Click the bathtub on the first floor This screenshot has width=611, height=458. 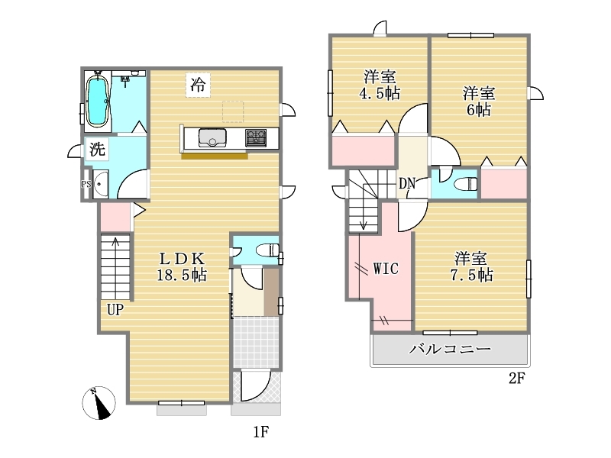click(x=97, y=101)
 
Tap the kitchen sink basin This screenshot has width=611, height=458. click(x=212, y=138)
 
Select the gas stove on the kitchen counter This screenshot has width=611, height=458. click(x=256, y=138)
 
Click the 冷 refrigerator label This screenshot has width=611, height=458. click(x=198, y=85)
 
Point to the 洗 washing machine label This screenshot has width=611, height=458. click(x=97, y=149)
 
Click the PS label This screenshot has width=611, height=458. click(x=86, y=184)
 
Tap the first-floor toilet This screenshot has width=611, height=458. click(x=267, y=250)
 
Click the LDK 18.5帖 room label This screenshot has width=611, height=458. click(x=182, y=266)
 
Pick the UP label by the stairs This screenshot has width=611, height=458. click(x=115, y=310)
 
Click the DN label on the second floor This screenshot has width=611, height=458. click(x=407, y=183)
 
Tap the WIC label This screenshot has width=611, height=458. click(x=386, y=269)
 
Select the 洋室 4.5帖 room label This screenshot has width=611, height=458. click(x=380, y=85)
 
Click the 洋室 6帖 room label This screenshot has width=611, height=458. click(x=479, y=102)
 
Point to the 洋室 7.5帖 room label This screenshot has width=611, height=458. click(x=471, y=267)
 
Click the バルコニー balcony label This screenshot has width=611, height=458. click(x=450, y=349)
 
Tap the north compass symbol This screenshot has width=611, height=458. click(x=99, y=403)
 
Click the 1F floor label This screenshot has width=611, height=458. click(x=261, y=431)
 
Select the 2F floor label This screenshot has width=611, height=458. click(x=517, y=378)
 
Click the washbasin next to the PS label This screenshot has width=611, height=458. click(x=100, y=184)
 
